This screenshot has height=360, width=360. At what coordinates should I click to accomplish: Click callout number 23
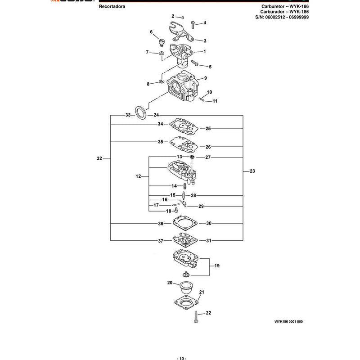[252, 171]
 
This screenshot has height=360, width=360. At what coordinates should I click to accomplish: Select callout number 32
[99, 158]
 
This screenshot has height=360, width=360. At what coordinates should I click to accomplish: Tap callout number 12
[138, 176]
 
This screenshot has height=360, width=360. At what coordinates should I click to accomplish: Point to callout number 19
[217, 265]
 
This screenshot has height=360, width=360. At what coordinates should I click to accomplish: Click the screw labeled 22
[196, 317]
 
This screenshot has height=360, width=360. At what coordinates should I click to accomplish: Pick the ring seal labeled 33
[140, 112]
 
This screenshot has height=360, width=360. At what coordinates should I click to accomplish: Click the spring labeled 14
[184, 186]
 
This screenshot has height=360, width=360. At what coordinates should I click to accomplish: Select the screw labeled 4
[193, 25]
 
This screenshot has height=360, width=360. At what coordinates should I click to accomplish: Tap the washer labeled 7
[162, 53]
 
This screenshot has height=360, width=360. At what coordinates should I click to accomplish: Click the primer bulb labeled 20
[186, 287]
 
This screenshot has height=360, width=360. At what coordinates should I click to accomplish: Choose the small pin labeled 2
[183, 17]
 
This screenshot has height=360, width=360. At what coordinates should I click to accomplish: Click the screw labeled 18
[176, 210]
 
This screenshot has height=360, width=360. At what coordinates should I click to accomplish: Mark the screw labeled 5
[195, 63]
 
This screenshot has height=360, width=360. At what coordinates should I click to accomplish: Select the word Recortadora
[112, 6]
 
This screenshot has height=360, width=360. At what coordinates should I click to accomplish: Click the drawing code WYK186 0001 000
[288, 321]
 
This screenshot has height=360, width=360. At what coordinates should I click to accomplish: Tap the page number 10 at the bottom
[181, 358]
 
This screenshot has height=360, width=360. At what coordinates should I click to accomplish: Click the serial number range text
[282, 17]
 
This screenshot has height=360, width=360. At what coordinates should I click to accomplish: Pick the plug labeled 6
[162, 42]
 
